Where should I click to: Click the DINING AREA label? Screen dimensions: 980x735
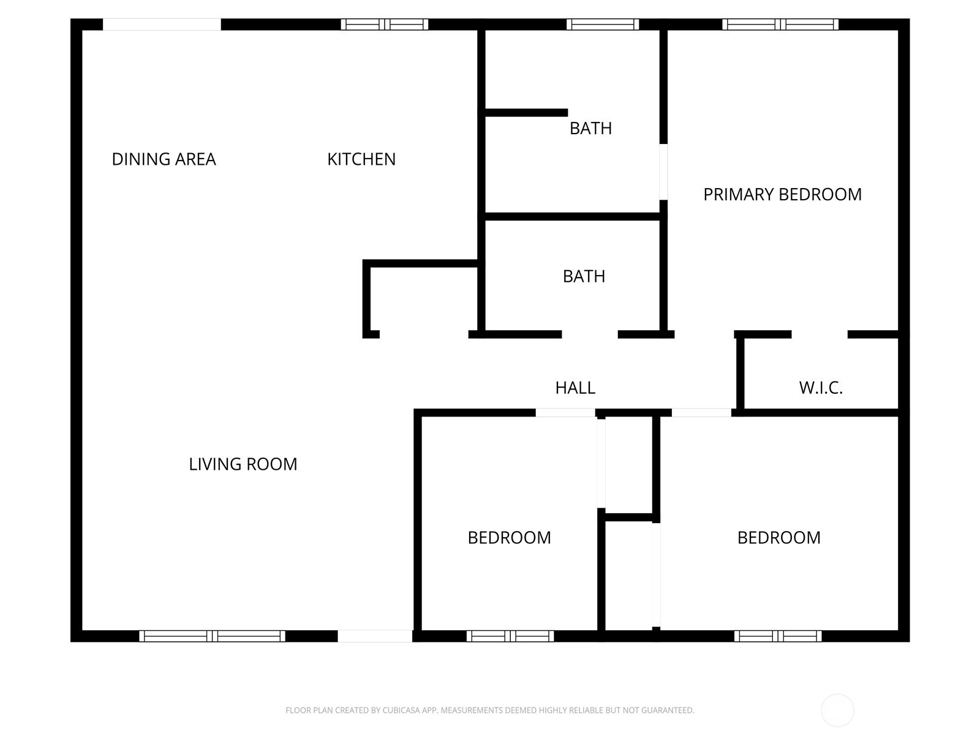[164, 159]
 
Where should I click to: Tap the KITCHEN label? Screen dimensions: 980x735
[361, 159]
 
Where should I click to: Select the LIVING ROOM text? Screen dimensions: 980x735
[243, 464]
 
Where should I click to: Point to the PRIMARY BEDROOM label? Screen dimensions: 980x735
[782, 195]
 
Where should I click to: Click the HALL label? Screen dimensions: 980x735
[575, 388]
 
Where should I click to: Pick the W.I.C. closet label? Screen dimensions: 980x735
[821, 388]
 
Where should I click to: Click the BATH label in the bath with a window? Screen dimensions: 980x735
[590, 129]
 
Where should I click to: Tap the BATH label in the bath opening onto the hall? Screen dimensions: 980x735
[584, 277]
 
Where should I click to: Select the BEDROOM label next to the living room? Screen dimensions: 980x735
[509, 538]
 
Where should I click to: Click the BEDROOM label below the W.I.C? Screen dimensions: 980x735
[778, 538]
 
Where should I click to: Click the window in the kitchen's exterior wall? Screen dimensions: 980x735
[385, 24]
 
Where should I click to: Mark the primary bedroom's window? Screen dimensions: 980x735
[780, 24]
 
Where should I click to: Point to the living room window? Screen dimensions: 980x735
[212, 636]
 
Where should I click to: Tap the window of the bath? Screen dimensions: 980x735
[603, 24]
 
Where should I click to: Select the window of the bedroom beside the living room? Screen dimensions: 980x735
[510, 636]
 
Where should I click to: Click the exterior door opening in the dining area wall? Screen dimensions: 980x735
[162, 24]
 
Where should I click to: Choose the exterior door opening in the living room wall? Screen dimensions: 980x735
[375, 636]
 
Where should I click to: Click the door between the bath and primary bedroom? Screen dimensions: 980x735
[663, 172]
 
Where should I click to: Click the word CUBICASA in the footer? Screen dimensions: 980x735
[399, 710]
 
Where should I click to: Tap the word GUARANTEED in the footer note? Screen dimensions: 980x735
[668, 710]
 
